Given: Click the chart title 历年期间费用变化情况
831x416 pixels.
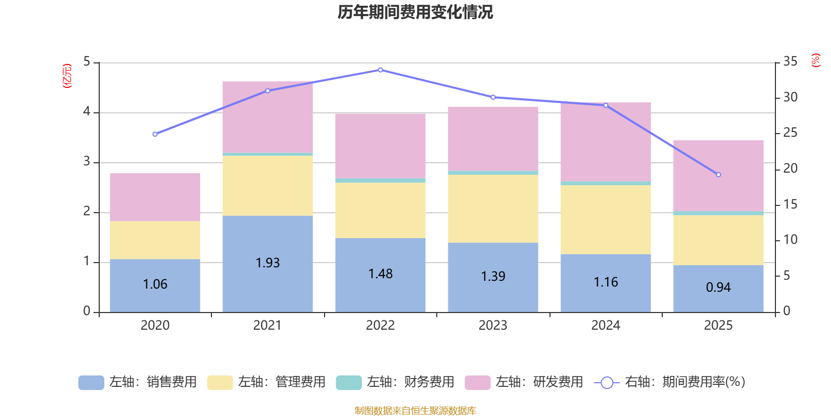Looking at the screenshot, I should click(415, 12).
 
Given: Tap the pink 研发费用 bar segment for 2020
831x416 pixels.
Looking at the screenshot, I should click(155, 197).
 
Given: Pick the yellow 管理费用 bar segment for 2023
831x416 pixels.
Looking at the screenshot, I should click(493, 209).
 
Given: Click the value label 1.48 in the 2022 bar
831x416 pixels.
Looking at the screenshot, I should click(380, 274).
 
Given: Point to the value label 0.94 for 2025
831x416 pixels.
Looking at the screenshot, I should click(718, 288).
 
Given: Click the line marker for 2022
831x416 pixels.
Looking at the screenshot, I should click(380, 70).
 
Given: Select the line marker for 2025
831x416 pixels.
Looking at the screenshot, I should click(718, 175).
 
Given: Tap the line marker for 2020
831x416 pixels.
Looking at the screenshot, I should click(155, 134).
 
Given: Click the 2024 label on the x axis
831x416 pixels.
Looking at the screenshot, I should click(606, 326).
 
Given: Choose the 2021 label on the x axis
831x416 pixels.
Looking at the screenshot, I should click(267, 326).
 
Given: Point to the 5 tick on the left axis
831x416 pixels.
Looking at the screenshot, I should click(87, 62).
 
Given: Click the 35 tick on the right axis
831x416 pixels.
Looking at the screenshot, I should click(790, 62).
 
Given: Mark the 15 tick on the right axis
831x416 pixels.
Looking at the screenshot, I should click(790, 204).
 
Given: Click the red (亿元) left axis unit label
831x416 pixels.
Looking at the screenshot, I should click(66, 76).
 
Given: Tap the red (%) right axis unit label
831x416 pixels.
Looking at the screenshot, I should click(815, 60).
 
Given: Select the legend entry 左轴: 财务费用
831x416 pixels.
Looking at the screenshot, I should click(395, 382).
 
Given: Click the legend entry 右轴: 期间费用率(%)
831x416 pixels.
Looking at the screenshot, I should click(669, 382).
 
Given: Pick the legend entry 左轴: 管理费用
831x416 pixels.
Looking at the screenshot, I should click(266, 382).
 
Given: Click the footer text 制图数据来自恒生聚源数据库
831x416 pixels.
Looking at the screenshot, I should click(415, 411).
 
